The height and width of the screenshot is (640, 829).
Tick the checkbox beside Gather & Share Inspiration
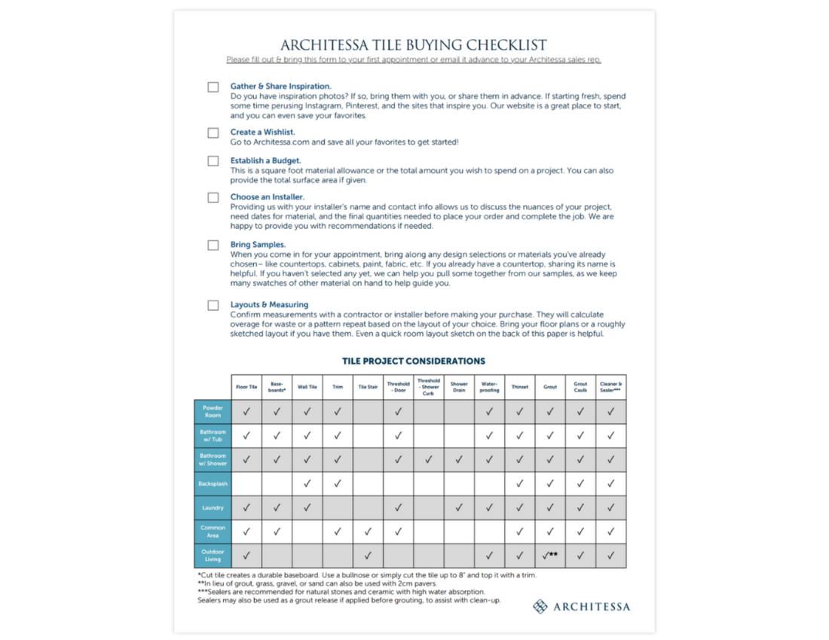[213, 87]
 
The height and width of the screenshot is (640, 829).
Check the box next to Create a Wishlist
[213, 133]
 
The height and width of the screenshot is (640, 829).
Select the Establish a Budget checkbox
[213, 161]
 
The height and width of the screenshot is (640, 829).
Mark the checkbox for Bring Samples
[213, 245]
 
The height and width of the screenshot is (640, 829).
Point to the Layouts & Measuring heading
[269, 305]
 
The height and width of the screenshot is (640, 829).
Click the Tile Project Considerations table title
[414, 361]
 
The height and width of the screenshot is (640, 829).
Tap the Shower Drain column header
[459, 387]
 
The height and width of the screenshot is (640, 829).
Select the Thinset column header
[520, 387]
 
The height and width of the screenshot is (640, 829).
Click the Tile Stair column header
[368, 387]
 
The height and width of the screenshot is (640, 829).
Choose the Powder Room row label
[213, 411]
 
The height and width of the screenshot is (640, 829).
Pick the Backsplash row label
[213, 483]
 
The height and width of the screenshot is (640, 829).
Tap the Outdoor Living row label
[213, 556]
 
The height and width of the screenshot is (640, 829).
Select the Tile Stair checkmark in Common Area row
[368, 532]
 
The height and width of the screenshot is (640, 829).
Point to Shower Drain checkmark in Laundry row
[459, 507]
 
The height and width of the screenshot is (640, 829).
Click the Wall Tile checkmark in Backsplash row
[307, 483]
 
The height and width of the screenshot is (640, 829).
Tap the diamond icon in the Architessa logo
[540, 606]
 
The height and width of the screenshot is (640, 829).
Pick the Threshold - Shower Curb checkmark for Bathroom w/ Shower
[429, 459]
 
